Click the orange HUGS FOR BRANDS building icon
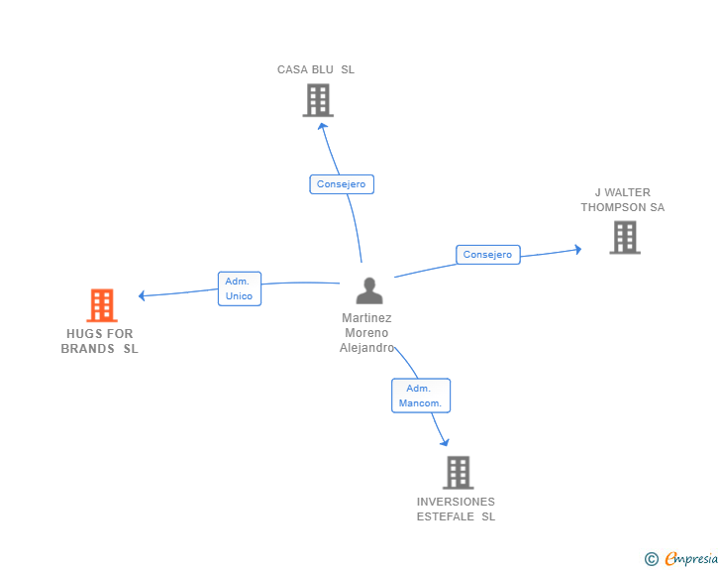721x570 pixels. click(102, 305)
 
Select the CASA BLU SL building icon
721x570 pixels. click(318, 100)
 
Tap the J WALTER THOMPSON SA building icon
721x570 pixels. click(625, 238)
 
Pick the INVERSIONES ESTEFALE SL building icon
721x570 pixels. click(458, 473)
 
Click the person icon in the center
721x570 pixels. click(369, 290)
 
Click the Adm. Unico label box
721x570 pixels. click(240, 288)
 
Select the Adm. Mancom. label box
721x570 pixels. click(421, 396)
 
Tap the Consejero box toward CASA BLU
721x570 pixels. click(342, 184)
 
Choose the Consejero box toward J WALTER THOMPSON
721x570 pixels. click(488, 255)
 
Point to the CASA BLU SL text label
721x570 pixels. click(316, 69)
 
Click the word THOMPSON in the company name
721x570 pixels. click(613, 207)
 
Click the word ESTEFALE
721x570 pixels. click(445, 516)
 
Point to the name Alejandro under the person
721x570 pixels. click(366, 348)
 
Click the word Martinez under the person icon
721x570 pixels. click(366, 317)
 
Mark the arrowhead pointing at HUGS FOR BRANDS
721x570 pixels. click(142, 295)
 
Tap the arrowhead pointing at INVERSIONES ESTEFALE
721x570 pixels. click(445, 442)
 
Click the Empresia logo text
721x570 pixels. click(691, 558)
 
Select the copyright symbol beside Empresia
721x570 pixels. click(652, 559)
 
